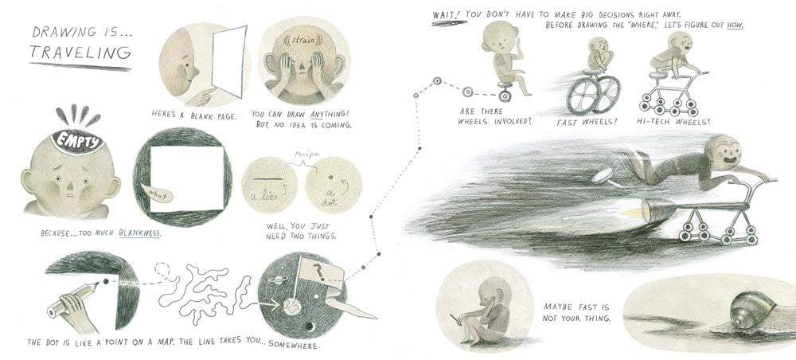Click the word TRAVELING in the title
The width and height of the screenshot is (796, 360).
click(x=80, y=53)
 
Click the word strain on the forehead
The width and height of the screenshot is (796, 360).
click(x=303, y=38)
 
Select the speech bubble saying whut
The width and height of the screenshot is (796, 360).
click(x=158, y=193)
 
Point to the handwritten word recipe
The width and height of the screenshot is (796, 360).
click(x=307, y=155)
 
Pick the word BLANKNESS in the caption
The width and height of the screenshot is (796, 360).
click(x=139, y=233)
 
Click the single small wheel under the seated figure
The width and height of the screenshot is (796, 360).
click(x=503, y=95)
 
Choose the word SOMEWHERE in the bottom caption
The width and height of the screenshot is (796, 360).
click(x=294, y=346)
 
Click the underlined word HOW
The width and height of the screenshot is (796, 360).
click(x=735, y=24)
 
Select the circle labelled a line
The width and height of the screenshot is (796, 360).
click(x=269, y=185)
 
